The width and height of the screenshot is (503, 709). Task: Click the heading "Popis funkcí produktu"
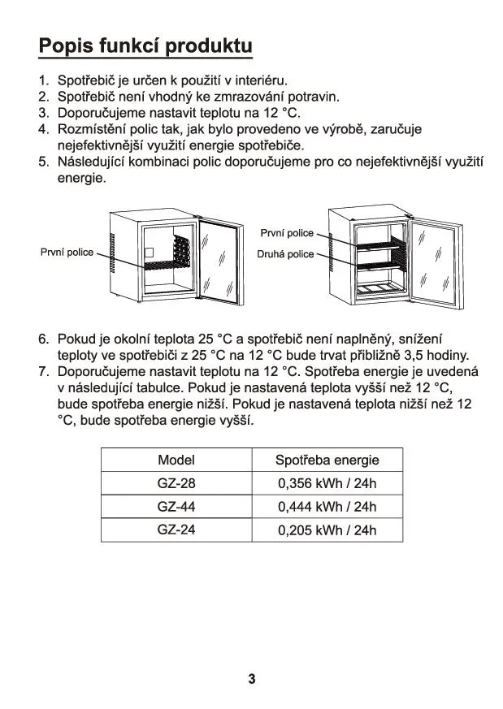145,45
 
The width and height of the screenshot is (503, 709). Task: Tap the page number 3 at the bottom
252,679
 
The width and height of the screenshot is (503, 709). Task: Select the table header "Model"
176,460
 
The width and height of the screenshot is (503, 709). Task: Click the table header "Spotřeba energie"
327,460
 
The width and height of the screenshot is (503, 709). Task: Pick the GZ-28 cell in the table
176,484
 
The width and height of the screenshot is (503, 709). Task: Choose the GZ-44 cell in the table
176,508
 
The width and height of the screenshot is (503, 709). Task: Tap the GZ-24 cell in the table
176,530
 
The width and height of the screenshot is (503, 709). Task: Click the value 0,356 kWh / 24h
327,484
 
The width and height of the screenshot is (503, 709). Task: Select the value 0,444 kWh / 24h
327,508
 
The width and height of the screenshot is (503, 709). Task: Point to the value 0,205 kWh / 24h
327,530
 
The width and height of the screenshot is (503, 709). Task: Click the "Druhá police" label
285,254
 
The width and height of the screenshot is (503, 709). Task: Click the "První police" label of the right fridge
287,234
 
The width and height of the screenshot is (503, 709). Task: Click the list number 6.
44,339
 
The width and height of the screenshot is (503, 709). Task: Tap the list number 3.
44,113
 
